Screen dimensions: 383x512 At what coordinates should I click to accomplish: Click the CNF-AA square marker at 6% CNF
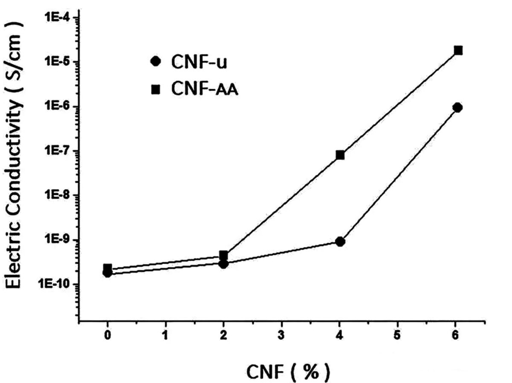tap(458, 50)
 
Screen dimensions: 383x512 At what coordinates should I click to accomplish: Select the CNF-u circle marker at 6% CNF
tap(458, 107)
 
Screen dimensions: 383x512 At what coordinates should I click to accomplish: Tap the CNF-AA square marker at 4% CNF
tap(340, 155)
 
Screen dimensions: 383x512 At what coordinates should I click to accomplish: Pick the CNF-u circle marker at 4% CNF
tap(340, 242)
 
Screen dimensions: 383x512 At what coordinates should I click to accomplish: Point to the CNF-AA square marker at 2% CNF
tap(223, 255)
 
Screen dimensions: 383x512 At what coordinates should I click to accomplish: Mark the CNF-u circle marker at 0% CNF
tap(107, 273)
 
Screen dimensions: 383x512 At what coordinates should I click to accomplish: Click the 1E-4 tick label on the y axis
tap(59, 17)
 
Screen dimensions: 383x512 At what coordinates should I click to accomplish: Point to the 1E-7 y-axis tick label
tap(59, 151)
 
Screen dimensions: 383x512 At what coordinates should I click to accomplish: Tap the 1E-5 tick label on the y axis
tap(59, 62)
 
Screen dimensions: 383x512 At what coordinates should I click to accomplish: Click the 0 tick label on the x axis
tap(108, 335)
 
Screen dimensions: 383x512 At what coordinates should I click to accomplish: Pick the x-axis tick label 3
tap(281, 335)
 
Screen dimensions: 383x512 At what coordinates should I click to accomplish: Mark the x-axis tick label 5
tap(397, 335)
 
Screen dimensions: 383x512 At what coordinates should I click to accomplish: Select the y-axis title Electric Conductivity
tap(15, 156)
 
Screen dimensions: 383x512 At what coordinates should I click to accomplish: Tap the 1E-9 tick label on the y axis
tap(59, 240)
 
